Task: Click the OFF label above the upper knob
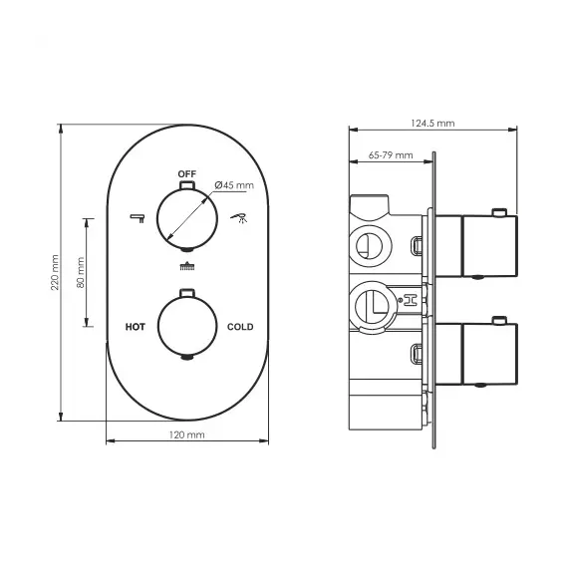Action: point(186,173)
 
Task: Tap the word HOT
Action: point(136,327)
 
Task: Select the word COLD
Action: point(240,327)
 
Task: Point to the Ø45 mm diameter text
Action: point(235,184)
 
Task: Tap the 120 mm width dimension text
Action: point(187,435)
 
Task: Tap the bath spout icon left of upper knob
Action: point(138,217)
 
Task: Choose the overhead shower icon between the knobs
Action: point(186,265)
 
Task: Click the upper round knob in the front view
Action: point(186,217)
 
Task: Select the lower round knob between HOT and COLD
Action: point(186,326)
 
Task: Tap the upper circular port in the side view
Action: point(368,243)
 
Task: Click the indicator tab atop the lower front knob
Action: point(186,292)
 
